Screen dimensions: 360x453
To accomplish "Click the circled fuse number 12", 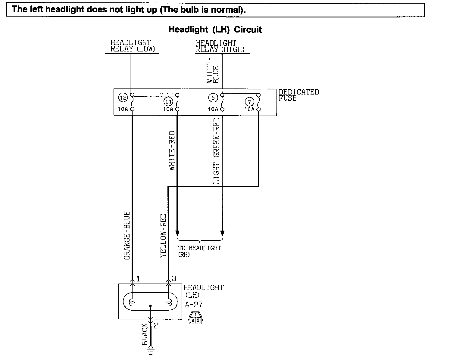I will (123, 98).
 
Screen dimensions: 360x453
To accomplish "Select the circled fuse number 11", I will (168, 101).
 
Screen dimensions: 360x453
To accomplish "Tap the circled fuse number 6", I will (213, 98).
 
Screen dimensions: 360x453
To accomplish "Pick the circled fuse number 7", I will (249, 101).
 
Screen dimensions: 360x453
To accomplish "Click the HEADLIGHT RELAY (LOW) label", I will (133, 46).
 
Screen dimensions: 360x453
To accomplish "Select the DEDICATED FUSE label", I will (298, 95).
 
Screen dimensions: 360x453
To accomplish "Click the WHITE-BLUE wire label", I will (213, 72).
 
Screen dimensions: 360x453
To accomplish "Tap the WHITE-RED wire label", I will (172, 150).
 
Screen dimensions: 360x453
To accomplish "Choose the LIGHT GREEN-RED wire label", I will (217, 151).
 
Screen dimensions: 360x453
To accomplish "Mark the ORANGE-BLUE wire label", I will (127, 236).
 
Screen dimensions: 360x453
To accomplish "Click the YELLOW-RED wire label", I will (164, 235).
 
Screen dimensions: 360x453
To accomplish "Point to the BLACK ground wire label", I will (145, 334).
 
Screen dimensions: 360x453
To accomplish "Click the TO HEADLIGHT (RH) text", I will (199, 251).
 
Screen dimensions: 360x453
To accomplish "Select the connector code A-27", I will (194, 305).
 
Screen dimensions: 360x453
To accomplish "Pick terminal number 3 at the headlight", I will (174, 279).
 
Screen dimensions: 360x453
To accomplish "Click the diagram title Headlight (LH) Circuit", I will (215, 29).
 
